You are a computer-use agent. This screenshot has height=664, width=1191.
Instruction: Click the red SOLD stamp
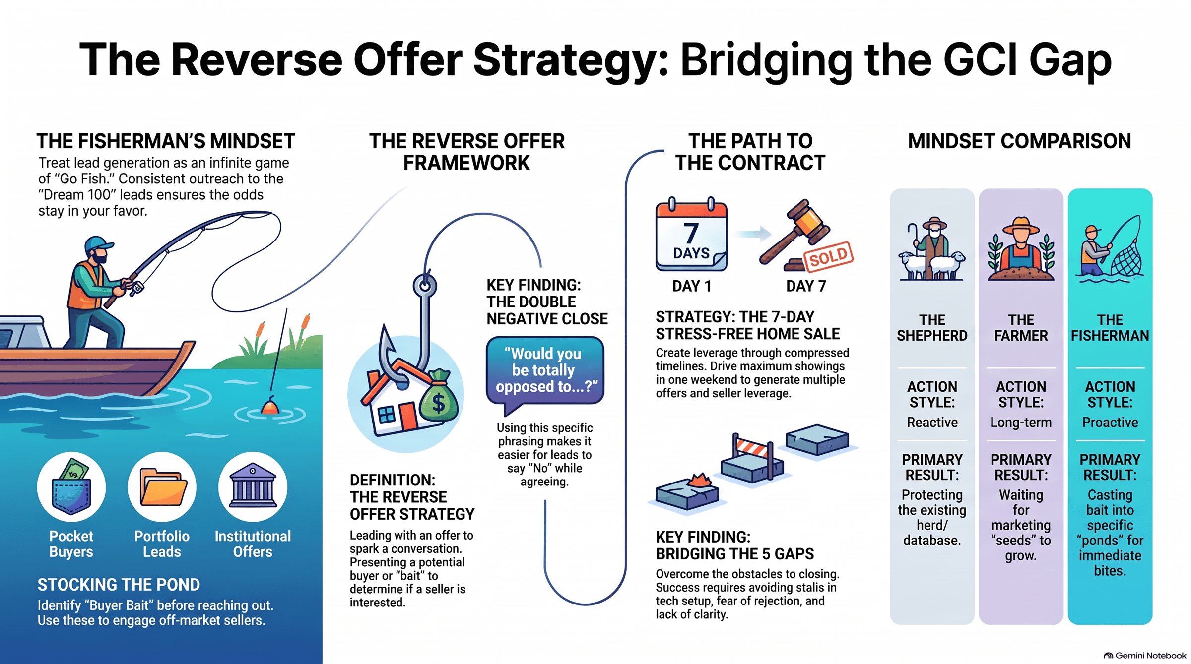pyautogui.click(x=828, y=256)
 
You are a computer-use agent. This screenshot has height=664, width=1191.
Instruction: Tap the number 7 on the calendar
pyautogui.click(x=691, y=233)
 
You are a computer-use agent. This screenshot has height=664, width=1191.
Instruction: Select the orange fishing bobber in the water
pyautogui.click(x=270, y=406)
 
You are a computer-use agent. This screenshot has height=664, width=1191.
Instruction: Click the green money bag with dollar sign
pyautogui.click(x=438, y=397)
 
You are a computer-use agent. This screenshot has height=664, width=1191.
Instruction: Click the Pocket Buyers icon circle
pyautogui.click(x=71, y=486)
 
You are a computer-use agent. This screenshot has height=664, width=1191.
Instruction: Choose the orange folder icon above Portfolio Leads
pyautogui.click(x=163, y=487)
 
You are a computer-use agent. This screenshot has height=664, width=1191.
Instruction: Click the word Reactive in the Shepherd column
pyautogui.click(x=932, y=423)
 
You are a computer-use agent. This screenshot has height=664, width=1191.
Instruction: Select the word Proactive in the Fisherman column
pyautogui.click(x=1110, y=423)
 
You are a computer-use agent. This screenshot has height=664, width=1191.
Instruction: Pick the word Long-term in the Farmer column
pyautogui.click(x=1021, y=423)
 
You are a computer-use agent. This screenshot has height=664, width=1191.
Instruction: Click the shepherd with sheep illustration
pyautogui.click(x=931, y=249)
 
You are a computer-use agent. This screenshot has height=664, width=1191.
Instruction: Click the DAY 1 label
pyautogui.click(x=692, y=286)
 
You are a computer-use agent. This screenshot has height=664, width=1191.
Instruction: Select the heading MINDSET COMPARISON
pyautogui.click(x=1019, y=141)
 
